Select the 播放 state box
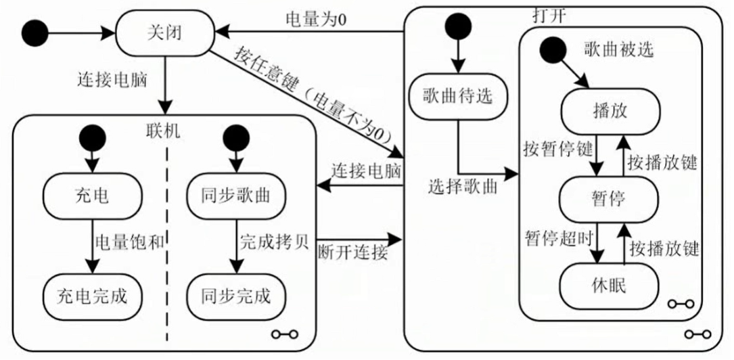tap(608, 110)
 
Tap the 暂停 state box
tap(608, 198)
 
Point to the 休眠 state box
tap(608, 286)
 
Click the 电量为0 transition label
tap(314, 19)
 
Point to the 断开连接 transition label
tap(352, 253)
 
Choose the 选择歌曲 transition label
tap(462, 187)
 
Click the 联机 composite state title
tap(163, 131)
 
